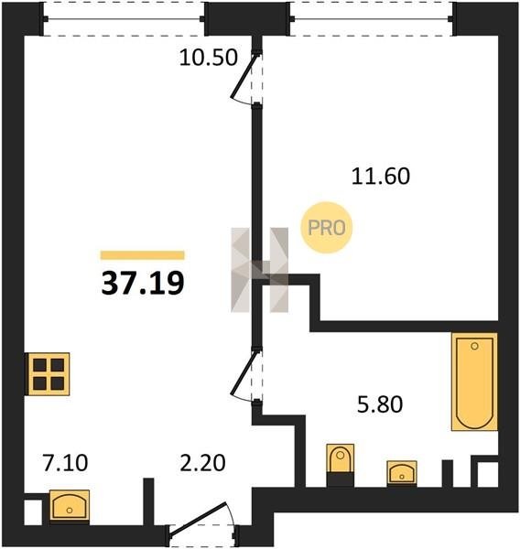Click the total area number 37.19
coord(143,283)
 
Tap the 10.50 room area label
coord(209,58)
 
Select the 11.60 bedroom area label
coord(381,176)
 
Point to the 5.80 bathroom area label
coord(380,404)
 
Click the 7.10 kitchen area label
coord(65,462)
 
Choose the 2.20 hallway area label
coord(202,462)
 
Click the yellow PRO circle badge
coord(326,228)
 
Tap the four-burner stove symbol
coord(49,374)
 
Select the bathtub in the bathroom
coord(475,382)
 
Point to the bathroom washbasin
coord(402,473)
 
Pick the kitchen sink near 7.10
coord(70,505)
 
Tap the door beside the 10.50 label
coord(246,78)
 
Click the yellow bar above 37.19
coord(143,255)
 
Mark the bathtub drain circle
coord(474,346)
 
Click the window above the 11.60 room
coord(372,18)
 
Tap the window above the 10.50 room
coord(124,18)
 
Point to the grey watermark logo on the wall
coord(260,270)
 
